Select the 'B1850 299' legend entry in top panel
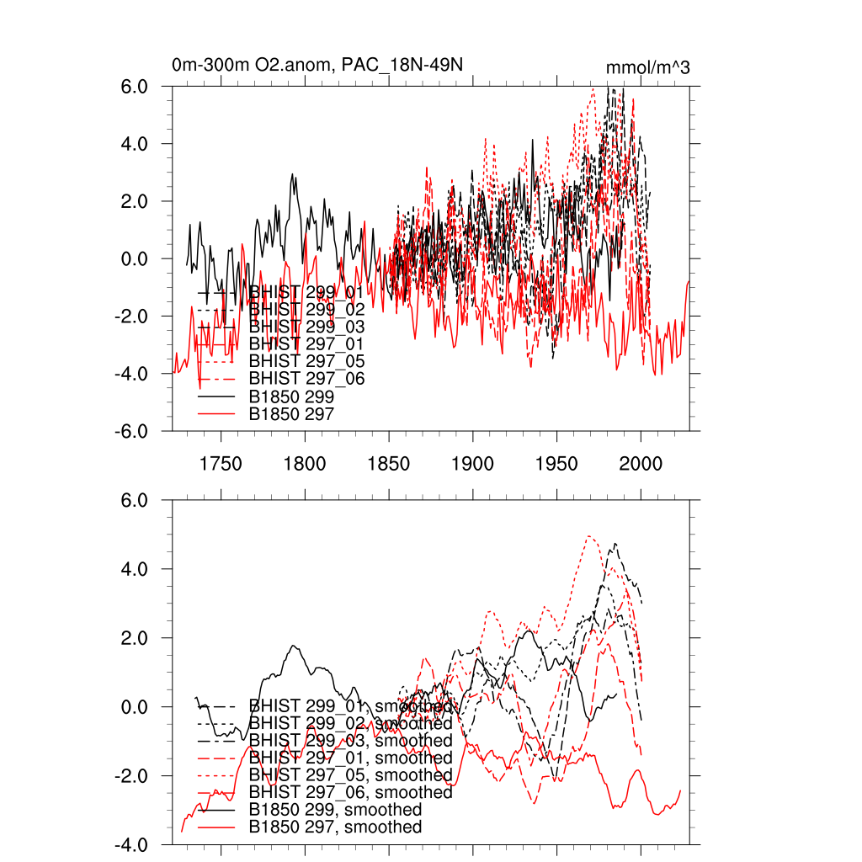point(291,396)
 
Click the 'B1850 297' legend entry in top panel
point(291,414)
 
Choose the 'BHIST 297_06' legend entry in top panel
point(306,379)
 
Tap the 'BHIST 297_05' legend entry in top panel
point(306,362)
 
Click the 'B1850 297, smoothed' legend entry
point(335,827)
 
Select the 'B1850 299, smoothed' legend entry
point(335,810)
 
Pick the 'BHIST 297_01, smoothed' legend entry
point(350,758)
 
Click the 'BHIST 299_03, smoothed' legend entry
point(350,741)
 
